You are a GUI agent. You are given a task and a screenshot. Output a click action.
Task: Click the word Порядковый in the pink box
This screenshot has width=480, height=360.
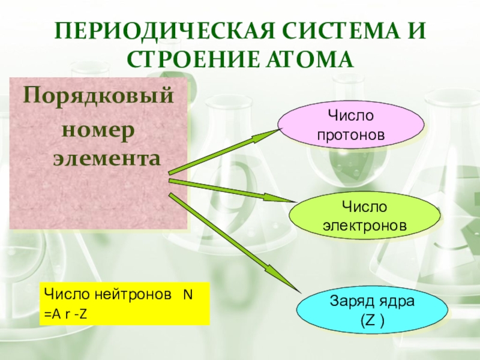[x=98, y=96]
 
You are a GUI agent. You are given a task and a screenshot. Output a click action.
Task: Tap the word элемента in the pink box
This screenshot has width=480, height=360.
[x=107, y=159]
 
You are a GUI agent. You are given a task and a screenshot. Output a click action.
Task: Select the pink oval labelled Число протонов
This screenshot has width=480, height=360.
[x=351, y=125]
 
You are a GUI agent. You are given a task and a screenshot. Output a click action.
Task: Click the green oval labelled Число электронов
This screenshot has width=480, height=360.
[x=365, y=217]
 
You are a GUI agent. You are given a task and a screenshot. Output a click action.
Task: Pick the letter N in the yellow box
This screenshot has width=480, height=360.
[x=187, y=295]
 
